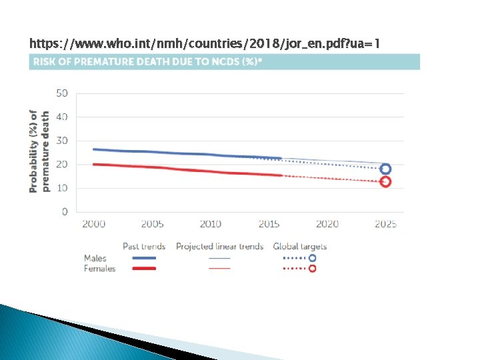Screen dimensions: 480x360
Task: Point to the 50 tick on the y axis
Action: (x=62, y=93)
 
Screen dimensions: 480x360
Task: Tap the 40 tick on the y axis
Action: (x=62, y=117)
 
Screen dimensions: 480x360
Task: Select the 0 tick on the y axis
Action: (x=65, y=211)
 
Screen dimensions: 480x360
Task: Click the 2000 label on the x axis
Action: (x=94, y=224)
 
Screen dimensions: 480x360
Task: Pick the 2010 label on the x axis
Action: (x=211, y=224)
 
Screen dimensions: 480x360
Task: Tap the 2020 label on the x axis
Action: (x=327, y=224)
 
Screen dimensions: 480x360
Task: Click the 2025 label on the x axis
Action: (x=386, y=224)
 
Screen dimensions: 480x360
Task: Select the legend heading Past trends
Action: (x=144, y=247)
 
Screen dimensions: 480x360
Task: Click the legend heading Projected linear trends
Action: (x=220, y=247)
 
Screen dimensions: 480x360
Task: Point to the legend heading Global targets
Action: (x=300, y=247)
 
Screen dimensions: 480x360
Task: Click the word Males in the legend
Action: (x=95, y=258)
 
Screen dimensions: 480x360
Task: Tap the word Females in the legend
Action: (x=100, y=269)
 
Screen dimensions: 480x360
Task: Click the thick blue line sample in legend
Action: (x=144, y=258)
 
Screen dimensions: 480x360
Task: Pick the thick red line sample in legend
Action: (x=144, y=269)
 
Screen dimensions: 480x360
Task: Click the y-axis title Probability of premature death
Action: (x=39, y=151)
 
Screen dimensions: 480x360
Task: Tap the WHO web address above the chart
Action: (x=205, y=43)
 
